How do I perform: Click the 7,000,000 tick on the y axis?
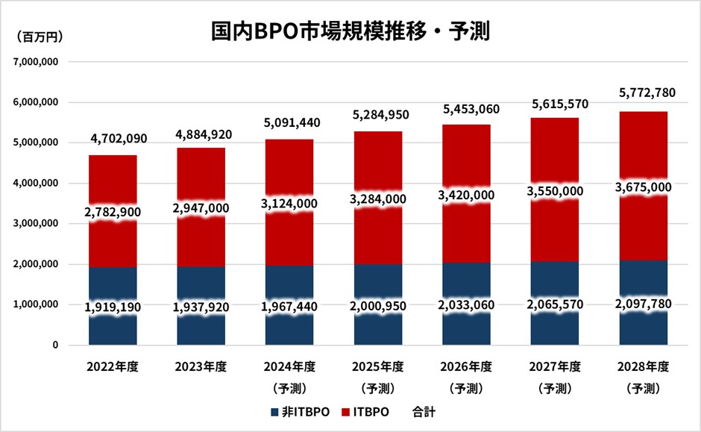tap(35, 62)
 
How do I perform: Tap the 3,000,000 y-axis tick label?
tap(35, 224)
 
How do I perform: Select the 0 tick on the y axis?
tap(55, 345)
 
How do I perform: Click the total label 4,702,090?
tap(113, 138)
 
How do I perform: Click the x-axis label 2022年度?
tap(113, 366)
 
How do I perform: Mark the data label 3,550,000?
tap(555, 192)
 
